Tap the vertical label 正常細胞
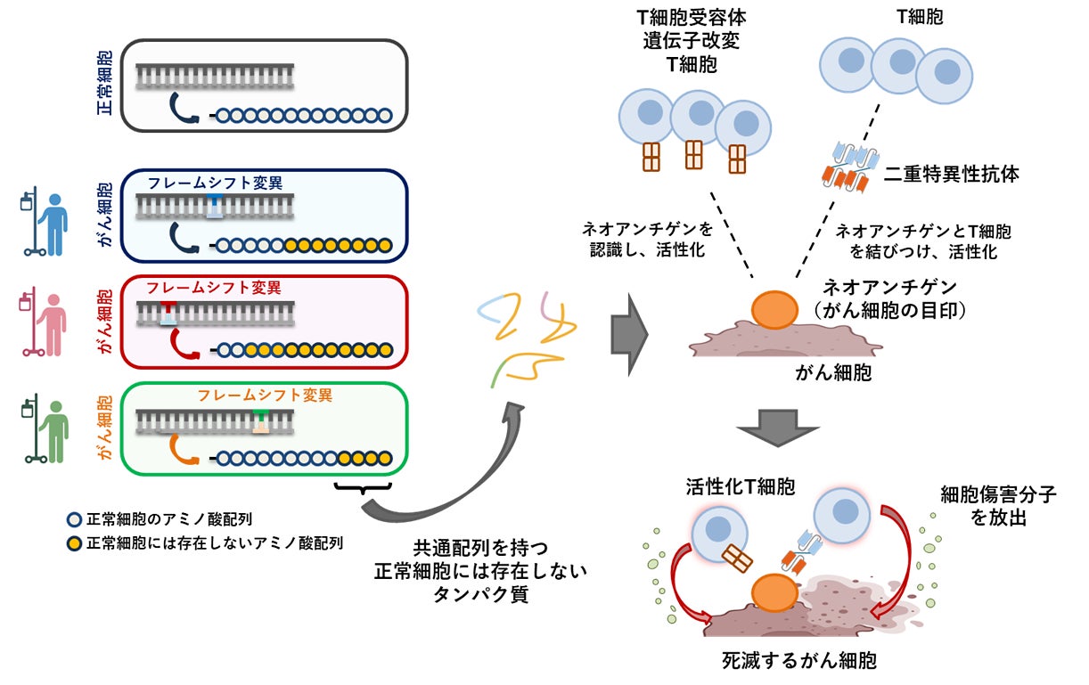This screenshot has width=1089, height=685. point(104,86)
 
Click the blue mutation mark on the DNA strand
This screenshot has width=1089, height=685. point(216,207)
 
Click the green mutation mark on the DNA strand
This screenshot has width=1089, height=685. point(260,420)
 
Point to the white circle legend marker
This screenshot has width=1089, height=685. point(75,519)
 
